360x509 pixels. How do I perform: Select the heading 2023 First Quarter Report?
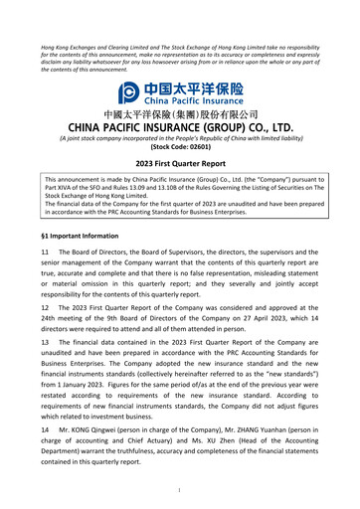pyautogui.click(x=180, y=162)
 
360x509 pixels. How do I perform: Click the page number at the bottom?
pyautogui.click(x=180, y=490)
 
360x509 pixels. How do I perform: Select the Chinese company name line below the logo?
pyautogui.click(x=180, y=114)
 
